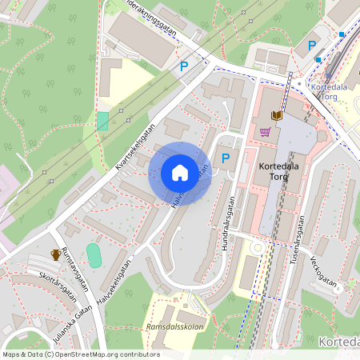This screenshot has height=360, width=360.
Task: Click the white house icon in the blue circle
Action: click(179, 173)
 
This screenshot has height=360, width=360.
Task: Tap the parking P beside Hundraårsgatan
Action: click(226, 159)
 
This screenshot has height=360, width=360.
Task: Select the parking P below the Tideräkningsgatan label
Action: click(184, 68)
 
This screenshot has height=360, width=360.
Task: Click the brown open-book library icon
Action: click(277, 116)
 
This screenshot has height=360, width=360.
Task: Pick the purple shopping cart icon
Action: click(265, 132)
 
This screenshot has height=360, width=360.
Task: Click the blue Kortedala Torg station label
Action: click(326, 90)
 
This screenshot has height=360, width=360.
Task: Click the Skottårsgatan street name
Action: click(56, 286)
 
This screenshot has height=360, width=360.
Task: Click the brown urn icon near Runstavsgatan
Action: click(55, 255)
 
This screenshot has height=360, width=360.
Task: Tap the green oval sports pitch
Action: click(94, 256)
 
